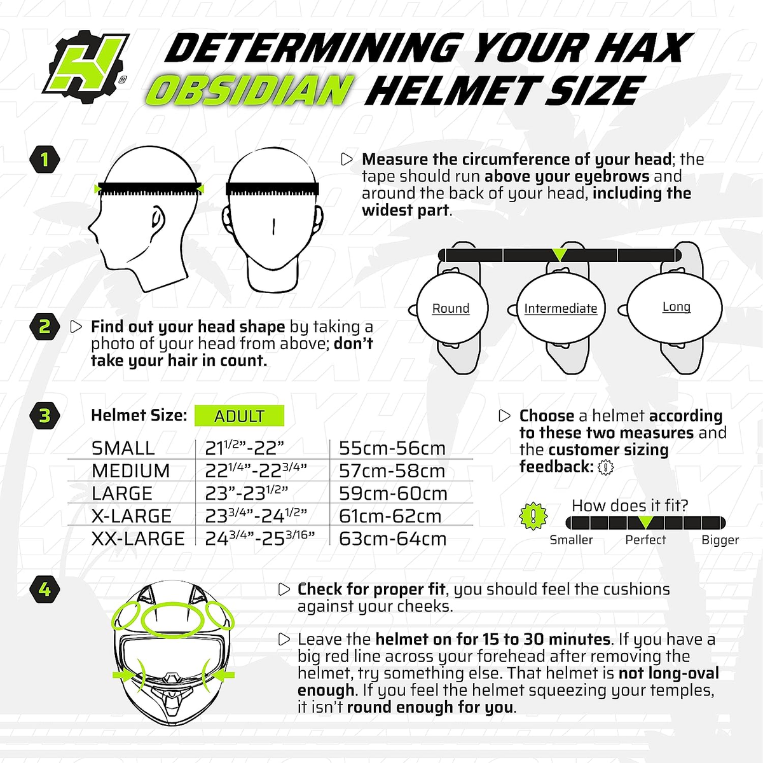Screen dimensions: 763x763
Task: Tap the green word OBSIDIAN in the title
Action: [x=250, y=91]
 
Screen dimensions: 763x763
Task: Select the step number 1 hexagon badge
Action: [x=45, y=159]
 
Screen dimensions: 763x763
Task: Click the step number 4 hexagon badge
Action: [x=45, y=589]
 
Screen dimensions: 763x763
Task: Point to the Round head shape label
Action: [x=451, y=308]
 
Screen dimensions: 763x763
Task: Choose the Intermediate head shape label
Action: [x=560, y=308]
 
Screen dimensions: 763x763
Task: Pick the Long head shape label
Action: [x=676, y=306]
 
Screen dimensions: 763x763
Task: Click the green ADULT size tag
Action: [x=239, y=416]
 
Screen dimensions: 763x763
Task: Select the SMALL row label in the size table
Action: [x=123, y=448]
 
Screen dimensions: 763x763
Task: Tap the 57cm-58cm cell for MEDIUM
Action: [x=392, y=471]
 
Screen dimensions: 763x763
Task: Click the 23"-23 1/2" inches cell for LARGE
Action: [x=247, y=493]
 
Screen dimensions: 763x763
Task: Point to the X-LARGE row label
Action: [x=132, y=516]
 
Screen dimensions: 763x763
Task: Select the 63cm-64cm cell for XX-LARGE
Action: [x=392, y=539]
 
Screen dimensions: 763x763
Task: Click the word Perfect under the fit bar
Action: [x=645, y=540]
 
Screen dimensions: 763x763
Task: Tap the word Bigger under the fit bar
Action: [x=720, y=540]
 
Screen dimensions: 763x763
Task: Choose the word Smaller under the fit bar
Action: [x=571, y=540]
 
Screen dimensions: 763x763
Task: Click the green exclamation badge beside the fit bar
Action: [x=533, y=516]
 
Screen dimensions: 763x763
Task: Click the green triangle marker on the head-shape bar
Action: [x=559, y=254]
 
